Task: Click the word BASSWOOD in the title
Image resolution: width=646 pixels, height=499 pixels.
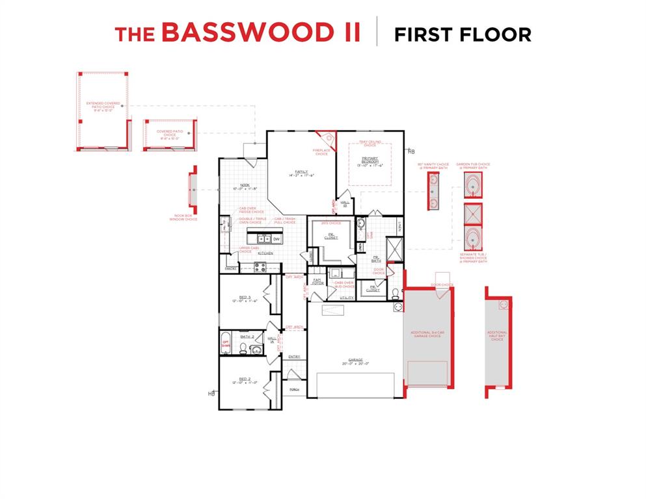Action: click(x=260, y=33)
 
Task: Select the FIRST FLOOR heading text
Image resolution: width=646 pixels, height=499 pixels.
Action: click(x=463, y=34)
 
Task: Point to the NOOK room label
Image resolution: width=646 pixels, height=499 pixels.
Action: click(x=245, y=187)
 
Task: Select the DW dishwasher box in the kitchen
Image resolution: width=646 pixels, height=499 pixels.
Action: click(x=276, y=239)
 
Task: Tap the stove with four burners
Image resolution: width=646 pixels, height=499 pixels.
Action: click(x=260, y=265)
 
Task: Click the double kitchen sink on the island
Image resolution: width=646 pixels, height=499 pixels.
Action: click(x=258, y=239)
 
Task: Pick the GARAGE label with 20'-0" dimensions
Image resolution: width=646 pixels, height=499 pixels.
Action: click(x=355, y=361)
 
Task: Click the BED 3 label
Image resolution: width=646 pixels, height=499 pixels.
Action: click(x=245, y=299)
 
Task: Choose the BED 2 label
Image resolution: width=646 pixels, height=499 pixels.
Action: click(x=245, y=379)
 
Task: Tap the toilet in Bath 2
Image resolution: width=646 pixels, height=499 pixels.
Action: click(x=242, y=349)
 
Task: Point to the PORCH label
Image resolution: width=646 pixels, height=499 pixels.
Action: click(x=294, y=390)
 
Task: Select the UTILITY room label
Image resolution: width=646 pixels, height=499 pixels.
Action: click(x=347, y=298)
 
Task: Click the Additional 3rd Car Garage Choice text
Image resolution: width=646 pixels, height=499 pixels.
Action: click(x=426, y=334)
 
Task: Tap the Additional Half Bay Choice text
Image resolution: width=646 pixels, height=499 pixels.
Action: click(x=497, y=335)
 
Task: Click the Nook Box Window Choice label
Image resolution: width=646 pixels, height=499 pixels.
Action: click(x=186, y=218)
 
